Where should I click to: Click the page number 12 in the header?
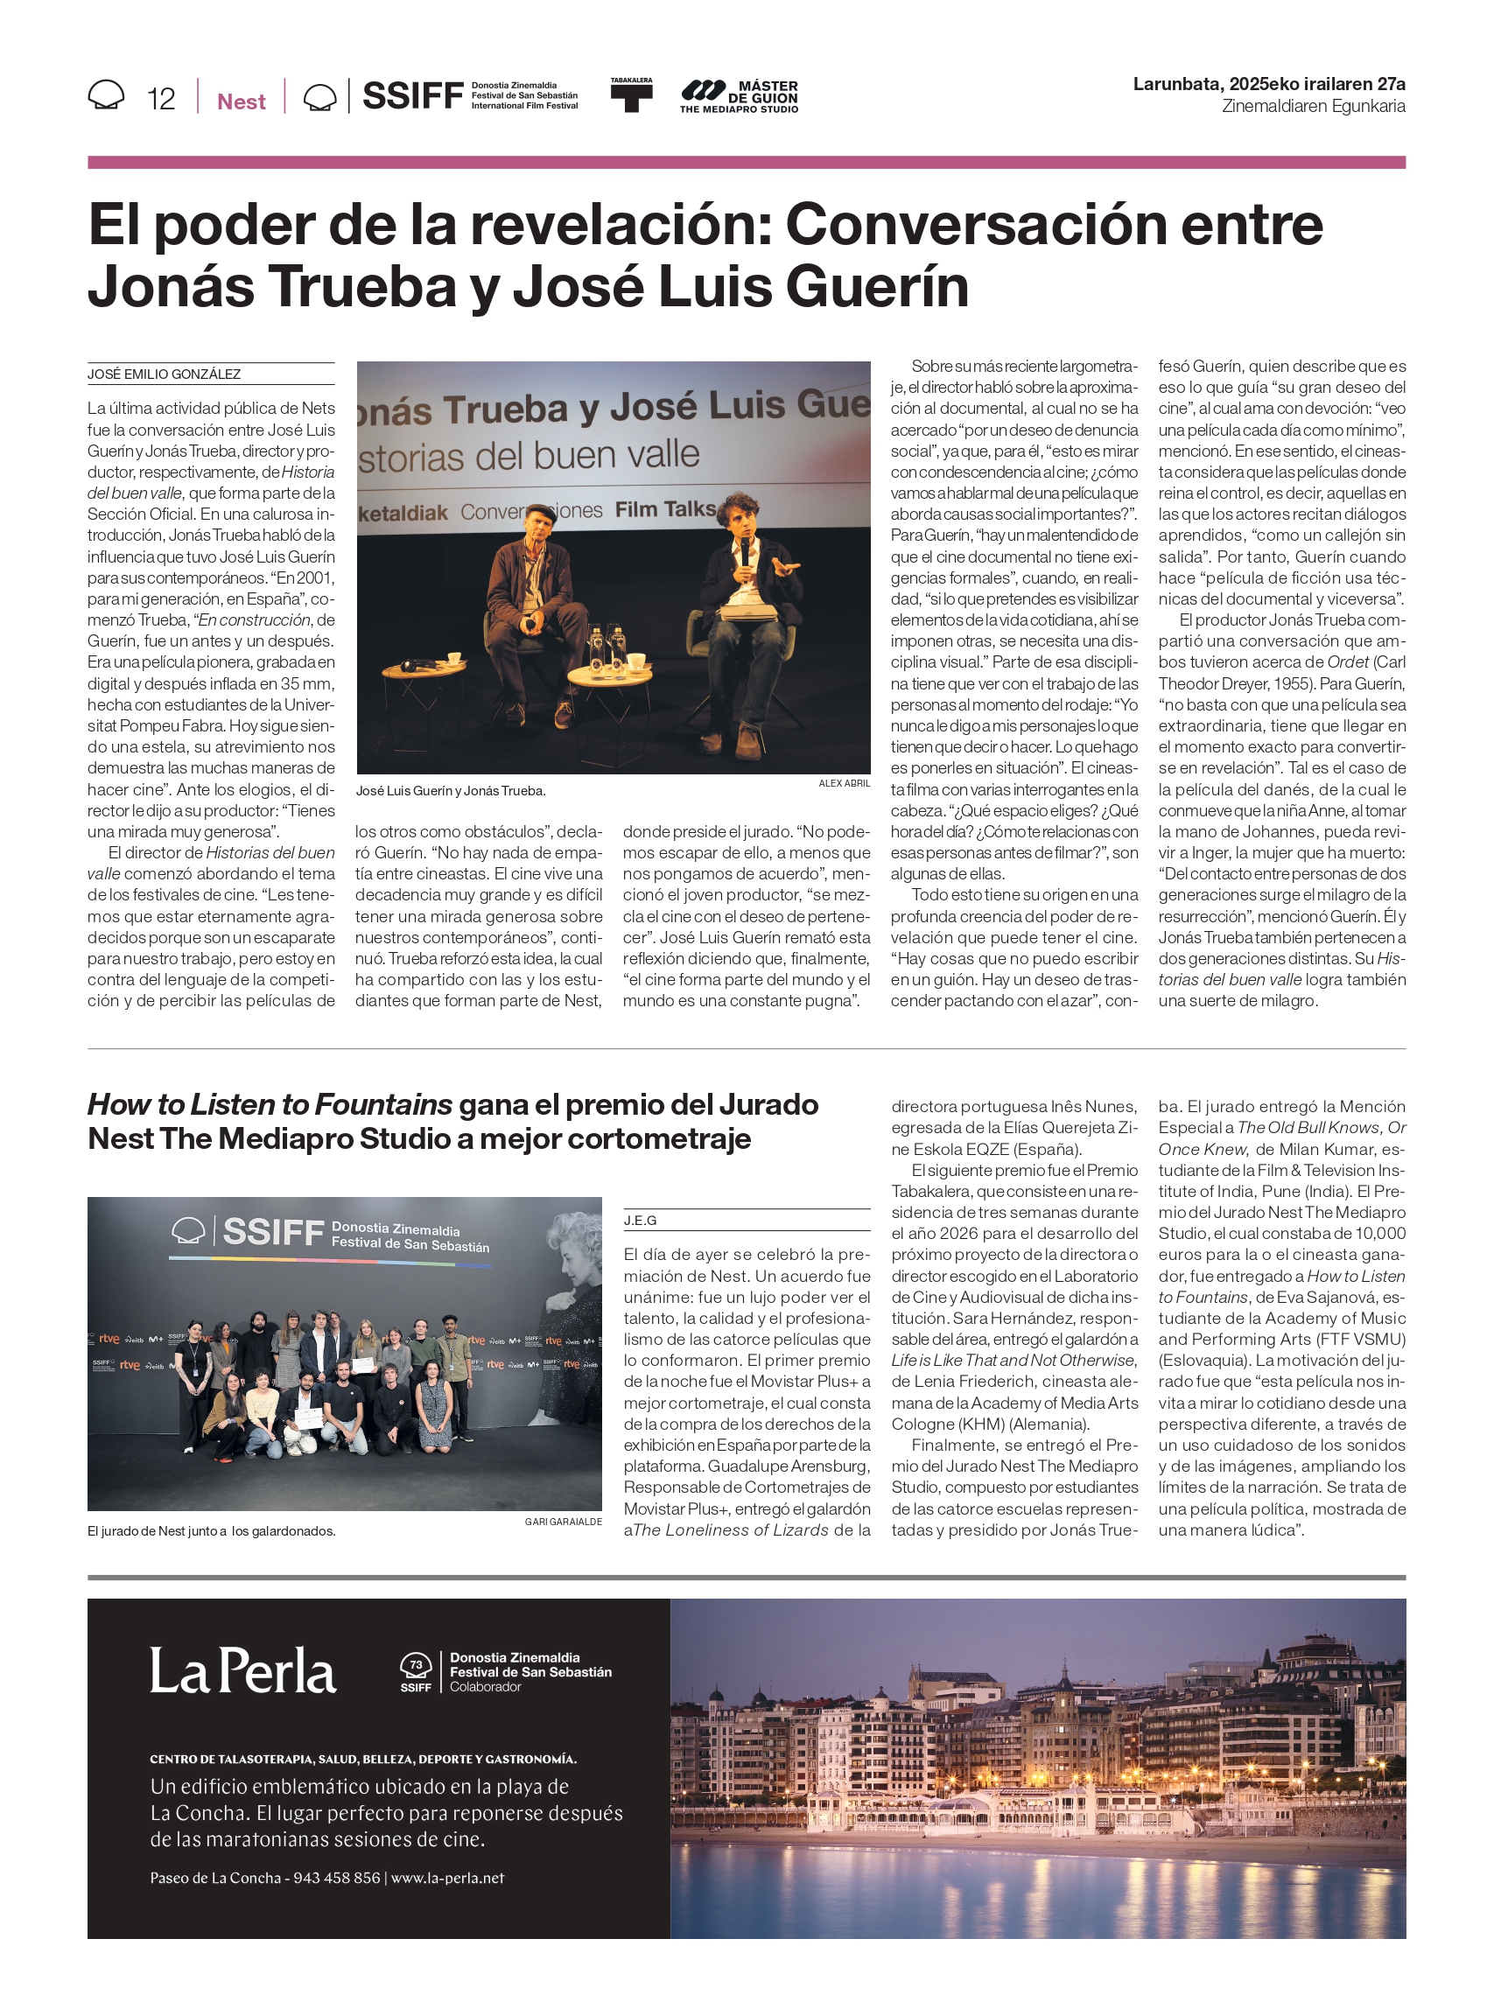tap(161, 99)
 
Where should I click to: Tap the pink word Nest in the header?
tap(242, 101)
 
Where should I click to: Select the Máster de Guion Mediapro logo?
tap(739, 96)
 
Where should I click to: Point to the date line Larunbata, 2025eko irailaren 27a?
tap(1268, 84)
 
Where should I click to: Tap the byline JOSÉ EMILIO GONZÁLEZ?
tap(165, 374)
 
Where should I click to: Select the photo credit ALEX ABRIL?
tap(844, 783)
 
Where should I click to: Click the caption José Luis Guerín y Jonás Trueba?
tap(451, 791)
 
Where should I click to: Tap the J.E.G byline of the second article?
tap(641, 1221)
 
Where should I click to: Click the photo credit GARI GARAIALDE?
tap(563, 1522)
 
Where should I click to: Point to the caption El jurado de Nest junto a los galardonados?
tap(212, 1531)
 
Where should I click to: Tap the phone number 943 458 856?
tap(336, 1878)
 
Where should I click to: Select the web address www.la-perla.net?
tap(447, 1878)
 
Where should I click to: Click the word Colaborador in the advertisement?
tap(486, 1687)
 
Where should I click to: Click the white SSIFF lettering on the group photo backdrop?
tap(273, 1231)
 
